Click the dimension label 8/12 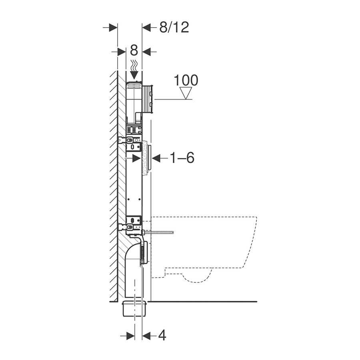[x=174, y=27]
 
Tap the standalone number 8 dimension [x=134, y=50]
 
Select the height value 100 [x=186, y=80]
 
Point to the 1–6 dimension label [x=182, y=158]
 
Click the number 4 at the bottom [x=162, y=335]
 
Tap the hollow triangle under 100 [x=186, y=93]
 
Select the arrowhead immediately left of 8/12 [x=146, y=28]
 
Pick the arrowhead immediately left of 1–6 [x=156, y=158]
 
